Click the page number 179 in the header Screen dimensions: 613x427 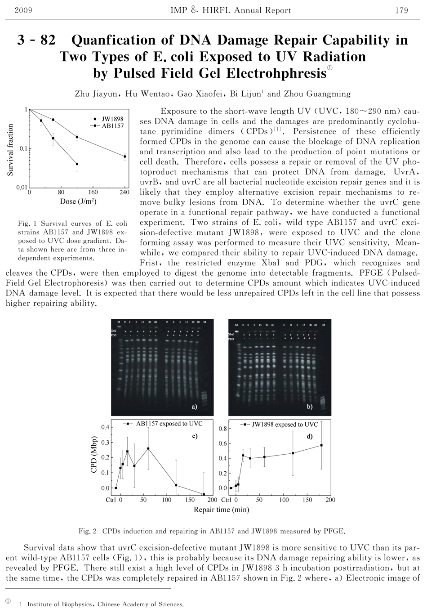pyautogui.click(x=401, y=10)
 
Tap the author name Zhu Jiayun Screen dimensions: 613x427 pyautogui.click(x=96, y=94)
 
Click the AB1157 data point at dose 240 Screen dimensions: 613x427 pyautogui.click(x=125, y=157)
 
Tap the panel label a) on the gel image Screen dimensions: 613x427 pyautogui.click(x=194, y=407)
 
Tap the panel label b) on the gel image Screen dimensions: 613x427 pyautogui.click(x=310, y=407)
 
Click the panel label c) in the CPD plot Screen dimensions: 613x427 pyautogui.click(x=195, y=436)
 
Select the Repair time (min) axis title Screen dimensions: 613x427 pyautogui.click(x=221, y=510)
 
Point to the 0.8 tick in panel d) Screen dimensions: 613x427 pyautogui.click(x=222, y=429)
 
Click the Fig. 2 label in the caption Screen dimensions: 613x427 pyautogui.click(x=88, y=531)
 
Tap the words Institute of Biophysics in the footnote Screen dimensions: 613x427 pyautogui.click(x=61, y=604)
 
